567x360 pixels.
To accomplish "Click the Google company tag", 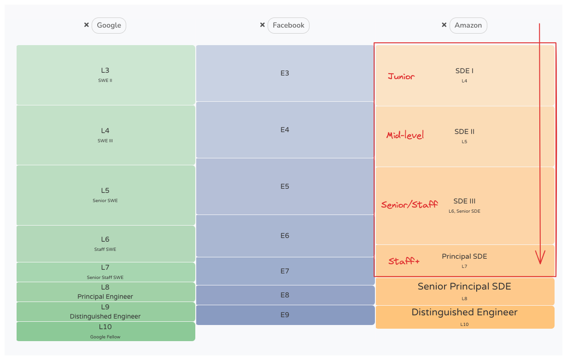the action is pyautogui.click(x=109, y=25).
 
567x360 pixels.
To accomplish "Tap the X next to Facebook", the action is pyautogui.click(x=262, y=25).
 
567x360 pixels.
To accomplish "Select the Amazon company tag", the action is pyautogui.click(x=468, y=25).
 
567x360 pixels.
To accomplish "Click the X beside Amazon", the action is pyautogui.click(x=444, y=25).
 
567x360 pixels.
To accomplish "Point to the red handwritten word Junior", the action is pyautogui.click(x=401, y=76).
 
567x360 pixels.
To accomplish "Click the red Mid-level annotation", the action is pyautogui.click(x=405, y=135).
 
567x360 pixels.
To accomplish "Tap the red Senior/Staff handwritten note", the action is pyautogui.click(x=409, y=204).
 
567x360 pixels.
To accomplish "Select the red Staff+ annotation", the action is pyautogui.click(x=404, y=261).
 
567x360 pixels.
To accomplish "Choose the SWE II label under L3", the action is pyautogui.click(x=105, y=81).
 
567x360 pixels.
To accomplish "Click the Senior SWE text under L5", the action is pyautogui.click(x=105, y=201).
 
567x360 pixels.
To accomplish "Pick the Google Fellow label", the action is pyautogui.click(x=105, y=337).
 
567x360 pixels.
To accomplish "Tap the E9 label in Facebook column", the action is pyautogui.click(x=285, y=315).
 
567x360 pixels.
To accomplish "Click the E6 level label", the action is pyautogui.click(x=285, y=236).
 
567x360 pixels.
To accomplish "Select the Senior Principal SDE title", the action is pyautogui.click(x=464, y=286).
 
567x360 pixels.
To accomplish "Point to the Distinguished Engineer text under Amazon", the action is pyautogui.click(x=464, y=312).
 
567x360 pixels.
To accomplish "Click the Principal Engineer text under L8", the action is pyautogui.click(x=105, y=296).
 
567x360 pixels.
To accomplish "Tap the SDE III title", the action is pyautogui.click(x=464, y=201).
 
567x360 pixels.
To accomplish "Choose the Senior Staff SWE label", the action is pyautogui.click(x=105, y=278).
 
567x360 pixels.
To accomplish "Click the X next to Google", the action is pyautogui.click(x=86, y=25).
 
